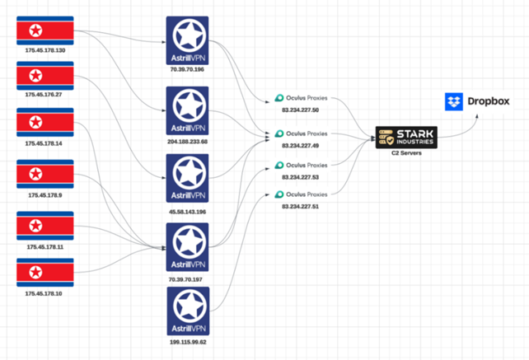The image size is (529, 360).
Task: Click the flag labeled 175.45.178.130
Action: click(x=45, y=31)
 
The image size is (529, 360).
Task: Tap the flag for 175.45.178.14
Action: click(x=45, y=124)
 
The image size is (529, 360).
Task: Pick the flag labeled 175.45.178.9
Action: click(x=45, y=174)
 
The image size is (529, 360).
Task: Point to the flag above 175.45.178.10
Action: click(x=45, y=272)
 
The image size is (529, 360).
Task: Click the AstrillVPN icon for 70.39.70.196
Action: click(x=187, y=40)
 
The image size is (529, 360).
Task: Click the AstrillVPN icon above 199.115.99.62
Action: click(x=187, y=311)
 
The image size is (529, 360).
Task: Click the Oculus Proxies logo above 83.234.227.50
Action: click(x=280, y=99)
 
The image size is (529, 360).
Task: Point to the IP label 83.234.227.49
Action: click(x=301, y=145)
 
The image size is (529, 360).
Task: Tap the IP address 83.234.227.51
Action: click(x=301, y=207)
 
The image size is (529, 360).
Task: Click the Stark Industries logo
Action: click(x=405, y=138)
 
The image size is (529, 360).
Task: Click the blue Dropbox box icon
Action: click(x=454, y=102)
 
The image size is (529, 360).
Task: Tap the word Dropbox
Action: click(x=489, y=102)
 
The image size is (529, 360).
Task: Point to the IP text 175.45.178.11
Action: click(x=45, y=246)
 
